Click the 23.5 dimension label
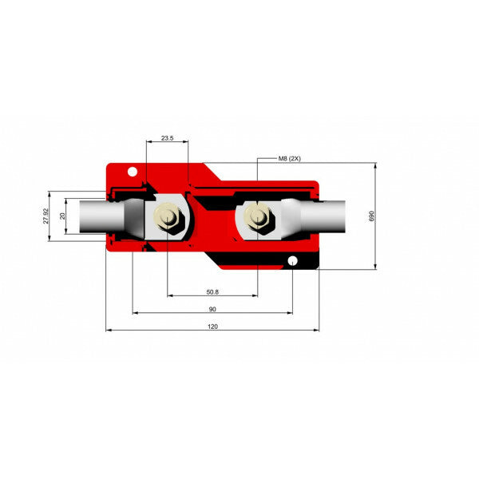point(167,138)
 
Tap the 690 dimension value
point(370,216)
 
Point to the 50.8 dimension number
point(212,291)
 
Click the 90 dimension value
point(212,309)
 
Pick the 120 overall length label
point(212,327)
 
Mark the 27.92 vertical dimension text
point(46,216)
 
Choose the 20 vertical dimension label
point(63,216)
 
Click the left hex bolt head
point(168,216)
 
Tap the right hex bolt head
point(257,216)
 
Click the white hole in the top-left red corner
point(133,169)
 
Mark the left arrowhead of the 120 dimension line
point(109,330)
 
